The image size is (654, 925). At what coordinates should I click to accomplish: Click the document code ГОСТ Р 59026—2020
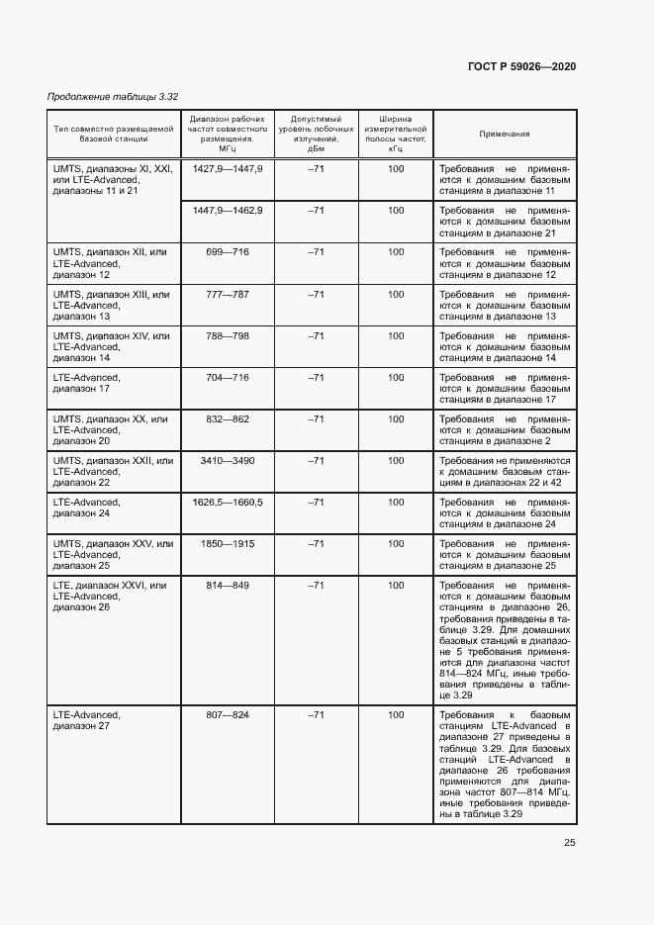coord(521,66)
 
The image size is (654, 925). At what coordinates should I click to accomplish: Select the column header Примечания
coord(505,134)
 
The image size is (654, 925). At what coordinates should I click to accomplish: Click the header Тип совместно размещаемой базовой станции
coord(114,134)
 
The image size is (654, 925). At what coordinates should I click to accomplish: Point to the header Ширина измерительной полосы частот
coord(396,134)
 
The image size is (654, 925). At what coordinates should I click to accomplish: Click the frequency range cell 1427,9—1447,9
coord(228,169)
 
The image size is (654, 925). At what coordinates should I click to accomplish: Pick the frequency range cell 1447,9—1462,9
coord(228,211)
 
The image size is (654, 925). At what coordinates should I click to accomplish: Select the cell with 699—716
coord(228,252)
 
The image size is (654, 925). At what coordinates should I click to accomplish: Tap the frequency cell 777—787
coord(228,295)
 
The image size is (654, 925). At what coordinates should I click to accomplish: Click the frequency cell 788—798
coord(228,336)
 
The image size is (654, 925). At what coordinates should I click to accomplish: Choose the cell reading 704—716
coord(228,378)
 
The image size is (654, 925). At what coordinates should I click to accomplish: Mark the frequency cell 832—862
coord(228,419)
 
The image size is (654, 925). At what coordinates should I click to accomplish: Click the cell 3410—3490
coord(228,461)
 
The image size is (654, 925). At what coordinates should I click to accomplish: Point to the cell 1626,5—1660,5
coord(228,503)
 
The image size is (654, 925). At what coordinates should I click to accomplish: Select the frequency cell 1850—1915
coord(228,544)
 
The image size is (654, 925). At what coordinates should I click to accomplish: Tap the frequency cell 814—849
coord(228,586)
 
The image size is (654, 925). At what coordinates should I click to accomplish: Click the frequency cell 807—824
coord(228,714)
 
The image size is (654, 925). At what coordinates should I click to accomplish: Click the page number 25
coord(569,843)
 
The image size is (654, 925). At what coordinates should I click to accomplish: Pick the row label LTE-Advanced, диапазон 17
coord(86,384)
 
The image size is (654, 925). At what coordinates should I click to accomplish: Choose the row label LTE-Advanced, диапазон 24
coord(86,509)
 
